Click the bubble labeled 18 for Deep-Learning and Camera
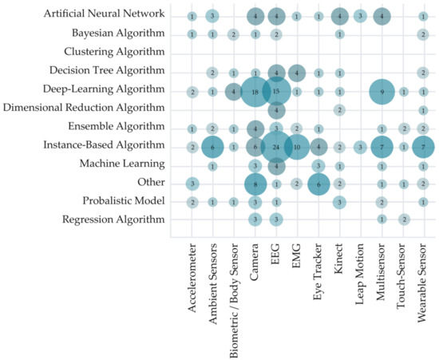tap(255, 92)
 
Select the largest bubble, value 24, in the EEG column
tap(276, 146)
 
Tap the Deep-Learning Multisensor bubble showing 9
tap(382, 92)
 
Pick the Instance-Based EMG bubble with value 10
tap(297, 146)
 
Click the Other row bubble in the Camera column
tap(255, 184)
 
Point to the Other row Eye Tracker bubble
tap(318, 184)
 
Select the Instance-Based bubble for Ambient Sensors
tap(212, 146)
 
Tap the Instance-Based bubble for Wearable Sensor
tap(423, 146)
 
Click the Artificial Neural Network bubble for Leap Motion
tap(360, 16)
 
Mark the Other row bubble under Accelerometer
tap(192, 184)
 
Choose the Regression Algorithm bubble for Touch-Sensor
tap(403, 219)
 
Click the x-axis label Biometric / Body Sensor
tap(234, 299)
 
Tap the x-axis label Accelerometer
tap(192, 283)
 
